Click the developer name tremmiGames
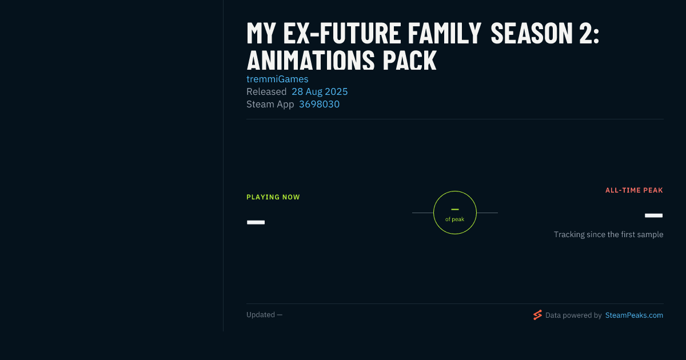point(277,79)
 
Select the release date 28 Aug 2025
point(320,91)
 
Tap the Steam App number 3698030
point(319,105)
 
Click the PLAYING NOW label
point(273,197)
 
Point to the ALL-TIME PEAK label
point(634,190)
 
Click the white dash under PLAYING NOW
point(256,222)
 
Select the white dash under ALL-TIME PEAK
point(653,215)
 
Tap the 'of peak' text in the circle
point(455,219)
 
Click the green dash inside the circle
point(455,209)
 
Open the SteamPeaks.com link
point(634,315)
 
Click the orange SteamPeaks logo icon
point(537,315)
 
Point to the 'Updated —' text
point(264,315)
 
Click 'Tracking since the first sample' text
point(608,234)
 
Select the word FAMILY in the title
point(444,33)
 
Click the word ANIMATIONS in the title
point(310,60)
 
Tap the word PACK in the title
point(409,60)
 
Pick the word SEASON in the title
point(531,33)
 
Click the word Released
point(266,91)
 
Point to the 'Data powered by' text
point(573,315)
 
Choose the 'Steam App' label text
point(270,105)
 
